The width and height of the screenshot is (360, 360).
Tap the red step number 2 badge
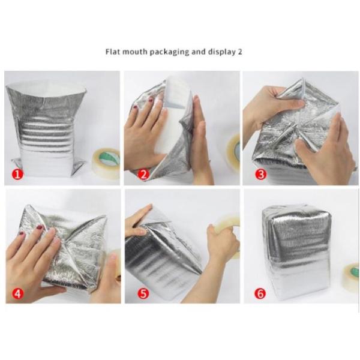(143, 175)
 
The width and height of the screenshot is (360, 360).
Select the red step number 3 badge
(260, 175)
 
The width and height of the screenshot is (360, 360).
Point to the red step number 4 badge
(17, 293)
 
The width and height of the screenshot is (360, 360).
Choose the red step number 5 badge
(143, 293)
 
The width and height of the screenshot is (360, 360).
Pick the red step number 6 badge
(260, 293)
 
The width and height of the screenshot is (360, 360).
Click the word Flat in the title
(113, 52)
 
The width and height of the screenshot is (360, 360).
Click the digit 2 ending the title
(239, 52)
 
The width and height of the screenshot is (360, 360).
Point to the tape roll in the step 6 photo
(352, 278)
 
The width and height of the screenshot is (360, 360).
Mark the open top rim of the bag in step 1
(47, 87)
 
